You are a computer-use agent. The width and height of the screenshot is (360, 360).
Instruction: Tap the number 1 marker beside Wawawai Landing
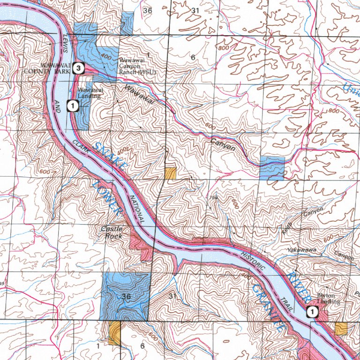72,106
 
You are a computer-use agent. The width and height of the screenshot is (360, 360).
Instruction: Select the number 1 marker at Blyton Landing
311,311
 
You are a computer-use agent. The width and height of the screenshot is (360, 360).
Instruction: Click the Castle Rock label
112,232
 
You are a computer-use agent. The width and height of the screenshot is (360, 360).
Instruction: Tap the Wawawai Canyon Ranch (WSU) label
136,67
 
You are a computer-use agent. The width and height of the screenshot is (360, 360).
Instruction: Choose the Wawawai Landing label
89,93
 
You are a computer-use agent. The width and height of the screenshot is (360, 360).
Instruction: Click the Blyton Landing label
328,299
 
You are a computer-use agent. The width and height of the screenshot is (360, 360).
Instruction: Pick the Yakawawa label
301,250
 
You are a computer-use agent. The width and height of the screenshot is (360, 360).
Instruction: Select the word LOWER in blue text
107,197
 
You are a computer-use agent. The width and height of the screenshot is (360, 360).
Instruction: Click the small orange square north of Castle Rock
170,173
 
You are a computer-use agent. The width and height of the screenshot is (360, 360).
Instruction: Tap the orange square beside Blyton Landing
341,328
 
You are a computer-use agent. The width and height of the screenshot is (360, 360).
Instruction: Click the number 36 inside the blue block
126,296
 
